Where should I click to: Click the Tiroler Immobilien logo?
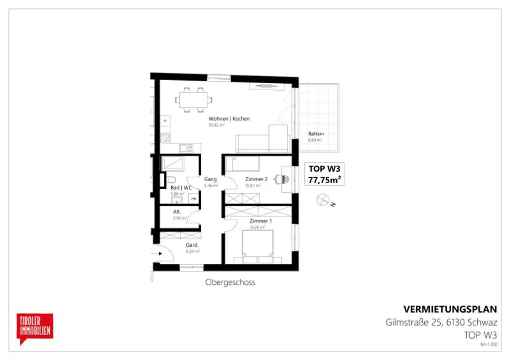pyautogui.click(x=35, y=328)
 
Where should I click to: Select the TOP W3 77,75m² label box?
pyautogui.click(x=325, y=174)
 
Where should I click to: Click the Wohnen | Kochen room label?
pyautogui.click(x=229, y=119)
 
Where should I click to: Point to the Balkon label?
pyautogui.click(x=316, y=134)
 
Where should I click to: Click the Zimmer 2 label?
pyautogui.click(x=256, y=179)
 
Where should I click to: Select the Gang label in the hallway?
pyautogui.click(x=210, y=179)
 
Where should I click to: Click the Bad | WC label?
pyautogui.click(x=181, y=188)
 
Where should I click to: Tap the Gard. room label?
pyautogui.click(x=192, y=245)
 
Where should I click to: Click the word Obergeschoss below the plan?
pyautogui.click(x=230, y=282)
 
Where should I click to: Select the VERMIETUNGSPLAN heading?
pyautogui.click(x=450, y=309)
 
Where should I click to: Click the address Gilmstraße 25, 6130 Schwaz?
pyautogui.click(x=441, y=322)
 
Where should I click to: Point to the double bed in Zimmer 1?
pyautogui.click(x=257, y=247)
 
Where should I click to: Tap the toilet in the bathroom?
pyautogui.click(x=171, y=180)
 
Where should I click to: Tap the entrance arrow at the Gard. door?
pyautogui.click(x=160, y=253)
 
